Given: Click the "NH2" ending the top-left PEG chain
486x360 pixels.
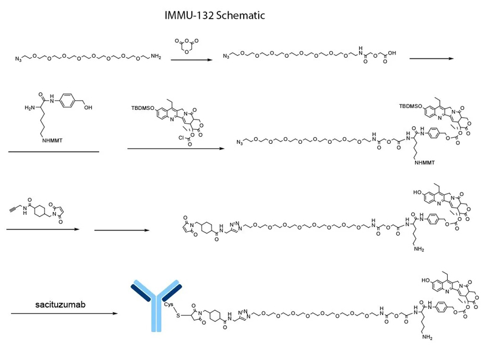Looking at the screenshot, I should click(x=156, y=58).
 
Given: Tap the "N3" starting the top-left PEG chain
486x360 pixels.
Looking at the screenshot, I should click(x=19, y=59).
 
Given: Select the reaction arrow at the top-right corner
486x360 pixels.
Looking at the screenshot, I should click(x=431, y=59).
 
